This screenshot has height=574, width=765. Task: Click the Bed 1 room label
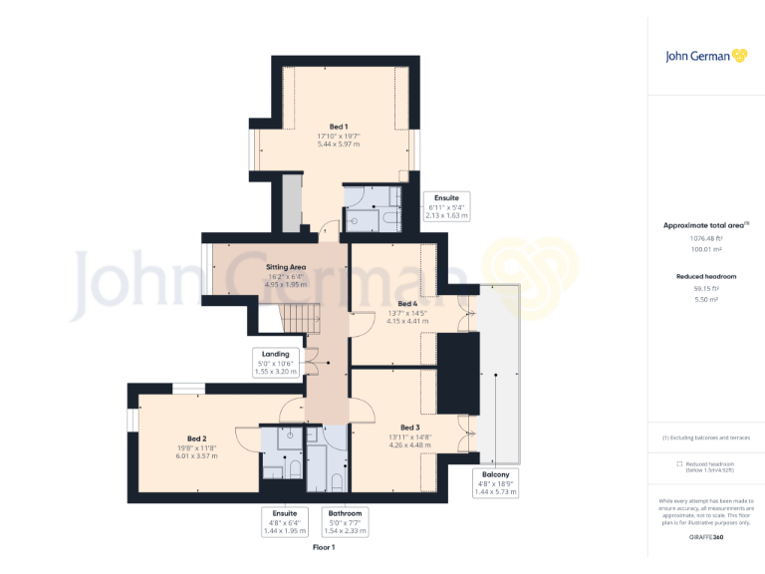339,127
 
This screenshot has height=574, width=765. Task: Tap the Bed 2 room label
196,438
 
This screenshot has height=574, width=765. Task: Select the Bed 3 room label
396,427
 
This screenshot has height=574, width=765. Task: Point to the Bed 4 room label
407,303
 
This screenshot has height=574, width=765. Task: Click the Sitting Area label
285,268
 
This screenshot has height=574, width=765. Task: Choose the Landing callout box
275,362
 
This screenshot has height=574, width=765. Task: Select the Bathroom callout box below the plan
345,522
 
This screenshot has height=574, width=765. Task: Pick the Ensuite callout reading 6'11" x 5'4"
444,205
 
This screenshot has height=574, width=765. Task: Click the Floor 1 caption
324,548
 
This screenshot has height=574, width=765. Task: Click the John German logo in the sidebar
705,56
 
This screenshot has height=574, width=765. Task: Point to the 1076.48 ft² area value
705,238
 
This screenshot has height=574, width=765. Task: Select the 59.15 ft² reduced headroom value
705,288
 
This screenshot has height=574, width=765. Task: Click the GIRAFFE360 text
705,537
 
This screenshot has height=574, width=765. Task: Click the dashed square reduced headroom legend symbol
679,463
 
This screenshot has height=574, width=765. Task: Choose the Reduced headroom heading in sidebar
705,275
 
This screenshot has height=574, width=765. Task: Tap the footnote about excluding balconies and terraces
705,437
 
